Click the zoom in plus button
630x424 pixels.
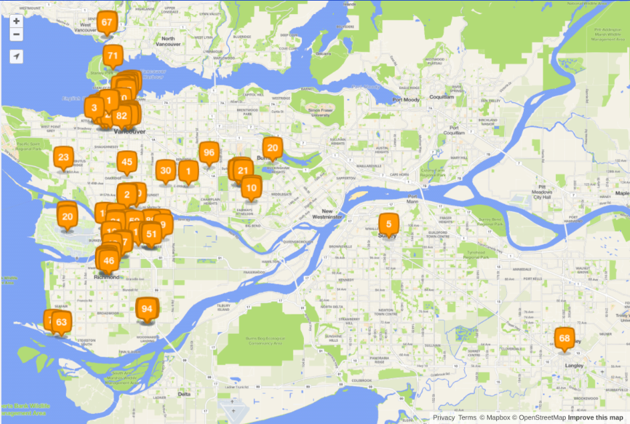coord(17,21)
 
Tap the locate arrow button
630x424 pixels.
coord(17,57)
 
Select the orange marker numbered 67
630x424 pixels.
coord(107,23)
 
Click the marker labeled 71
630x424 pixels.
coord(113,57)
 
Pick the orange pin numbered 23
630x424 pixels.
coord(63,158)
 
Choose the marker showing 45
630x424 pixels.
coord(127,162)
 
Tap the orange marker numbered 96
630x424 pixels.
coord(209,154)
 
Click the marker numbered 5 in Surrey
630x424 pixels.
coord(388,224)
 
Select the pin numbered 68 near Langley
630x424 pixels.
coord(565,339)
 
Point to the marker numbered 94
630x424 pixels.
coord(147,309)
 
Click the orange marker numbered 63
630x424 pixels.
coord(61,323)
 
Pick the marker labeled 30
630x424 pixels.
coord(166,171)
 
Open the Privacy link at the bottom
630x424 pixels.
coord(444,417)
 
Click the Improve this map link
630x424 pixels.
coord(595,417)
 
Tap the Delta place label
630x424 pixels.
coord(184,395)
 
